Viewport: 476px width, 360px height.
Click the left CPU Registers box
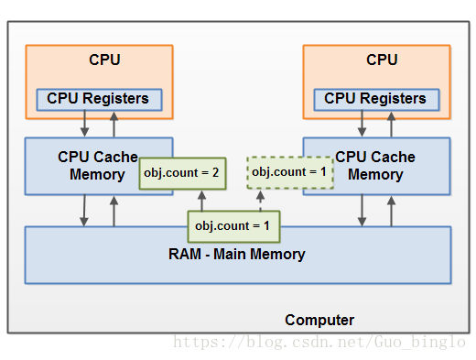pyautogui.click(x=99, y=100)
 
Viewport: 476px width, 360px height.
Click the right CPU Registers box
pyautogui.click(x=376, y=100)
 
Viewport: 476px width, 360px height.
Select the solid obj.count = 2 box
pyautogui.click(x=182, y=173)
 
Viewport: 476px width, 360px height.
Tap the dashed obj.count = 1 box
pyautogui.click(x=290, y=172)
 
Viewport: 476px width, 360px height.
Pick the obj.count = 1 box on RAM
pyautogui.click(x=233, y=226)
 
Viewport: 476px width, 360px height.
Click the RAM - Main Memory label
pyautogui.click(x=237, y=254)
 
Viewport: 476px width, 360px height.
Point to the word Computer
pyautogui.click(x=319, y=320)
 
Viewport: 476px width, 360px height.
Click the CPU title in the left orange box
pyautogui.click(x=104, y=60)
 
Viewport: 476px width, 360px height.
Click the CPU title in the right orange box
pyautogui.click(x=382, y=60)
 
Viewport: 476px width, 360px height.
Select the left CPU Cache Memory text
pyautogui.click(x=98, y=166)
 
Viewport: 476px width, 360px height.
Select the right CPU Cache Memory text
pyautogui.click(x=375, y=166)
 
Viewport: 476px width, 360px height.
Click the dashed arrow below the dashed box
pyautogui.click(x=260, y=201)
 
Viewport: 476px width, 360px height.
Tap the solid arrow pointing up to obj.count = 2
pyautogui.click(x=201, y=201)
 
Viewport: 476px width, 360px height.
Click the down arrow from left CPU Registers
pyautogui.click(x=84, y=124)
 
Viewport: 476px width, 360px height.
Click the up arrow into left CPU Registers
pyautogui.click(x=114, y=125)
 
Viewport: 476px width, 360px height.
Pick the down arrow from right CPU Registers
pyautogui.click(x=362, y=124)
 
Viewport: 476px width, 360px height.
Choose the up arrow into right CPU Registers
pyautogui.click(x=391, y=125)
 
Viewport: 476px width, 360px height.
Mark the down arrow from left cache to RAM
pyautogui.click(x=84, y=211)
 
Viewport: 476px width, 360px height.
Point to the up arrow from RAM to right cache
pyautogui.click(x=391, y=212)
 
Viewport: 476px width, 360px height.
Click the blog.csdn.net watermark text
pyautogui.click(x=319, y=342)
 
